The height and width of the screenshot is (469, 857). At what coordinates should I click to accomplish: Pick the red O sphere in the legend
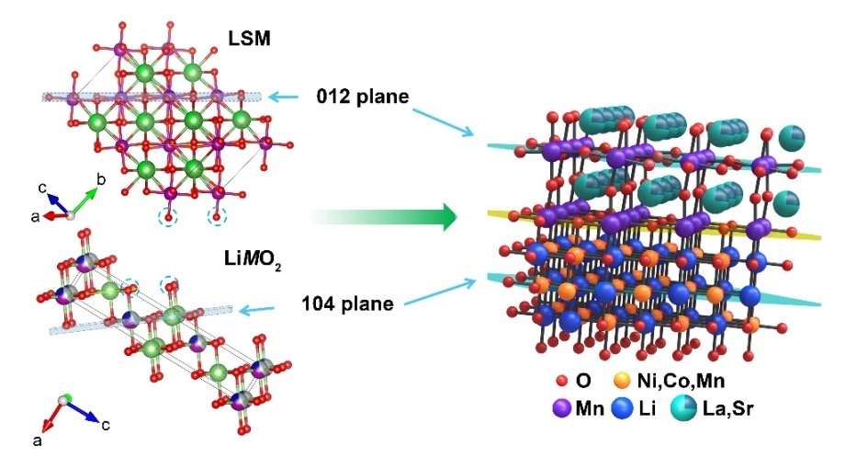click(x=562, y=379)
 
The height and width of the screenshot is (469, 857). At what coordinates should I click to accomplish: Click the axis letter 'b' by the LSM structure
click(x=102, y=176)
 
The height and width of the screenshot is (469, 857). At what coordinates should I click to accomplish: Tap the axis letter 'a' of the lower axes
click(x=38, y=441)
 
